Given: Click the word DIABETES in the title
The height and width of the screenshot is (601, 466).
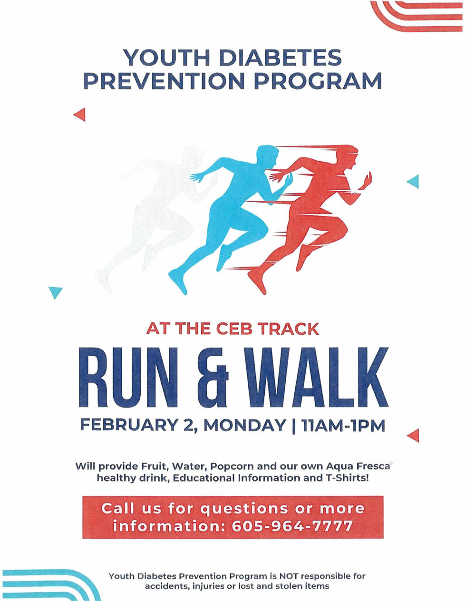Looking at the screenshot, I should tap(280, 58).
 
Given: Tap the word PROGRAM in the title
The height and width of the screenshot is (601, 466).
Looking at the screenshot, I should tap(317, 81).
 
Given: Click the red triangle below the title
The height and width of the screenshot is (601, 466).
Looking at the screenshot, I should tap(80, 115).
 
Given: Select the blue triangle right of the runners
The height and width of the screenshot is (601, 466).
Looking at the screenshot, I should tap(414, 181).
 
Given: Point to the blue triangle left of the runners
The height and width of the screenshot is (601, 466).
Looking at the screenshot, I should tap(56, 292).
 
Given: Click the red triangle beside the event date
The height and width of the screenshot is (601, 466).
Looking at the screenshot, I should tap(414, 435).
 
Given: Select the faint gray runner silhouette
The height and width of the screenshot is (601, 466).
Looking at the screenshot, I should tap(157, 214).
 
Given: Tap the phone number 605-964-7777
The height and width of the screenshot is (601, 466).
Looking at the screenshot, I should tap(293, 526).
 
